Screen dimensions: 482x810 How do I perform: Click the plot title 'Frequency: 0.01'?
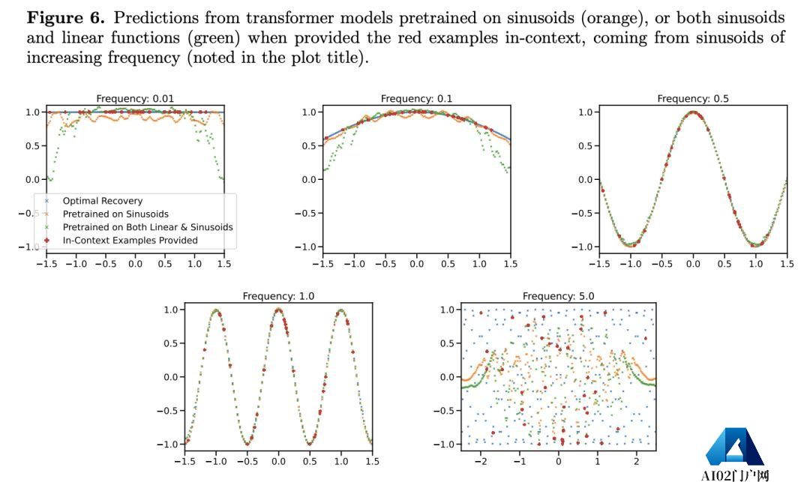(x=135, y=98)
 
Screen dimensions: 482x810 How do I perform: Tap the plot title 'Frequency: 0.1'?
(x=416, y=98)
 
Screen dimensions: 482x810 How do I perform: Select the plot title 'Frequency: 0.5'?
(x=693, y=98)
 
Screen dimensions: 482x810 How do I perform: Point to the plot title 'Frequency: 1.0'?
(x=278, y=296)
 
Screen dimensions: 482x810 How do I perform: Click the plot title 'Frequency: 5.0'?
(x=558, y=296)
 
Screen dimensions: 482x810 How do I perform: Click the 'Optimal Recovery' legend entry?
(x=102, y=201)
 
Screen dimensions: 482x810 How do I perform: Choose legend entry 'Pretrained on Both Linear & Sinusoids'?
(x=147, y=227)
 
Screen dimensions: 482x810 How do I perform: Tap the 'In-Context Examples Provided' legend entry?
(x=130, y=241)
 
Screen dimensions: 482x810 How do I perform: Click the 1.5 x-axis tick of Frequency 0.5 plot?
(x=787, y=264)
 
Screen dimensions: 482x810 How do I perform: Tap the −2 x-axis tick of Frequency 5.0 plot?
(x=481, y=462)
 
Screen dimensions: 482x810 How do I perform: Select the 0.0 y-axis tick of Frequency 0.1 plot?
(x=308, y=180)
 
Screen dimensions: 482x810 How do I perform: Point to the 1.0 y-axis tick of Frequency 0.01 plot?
(x=31, y=112)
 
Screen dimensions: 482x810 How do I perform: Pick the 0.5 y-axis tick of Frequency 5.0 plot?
(x=447, y=343)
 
